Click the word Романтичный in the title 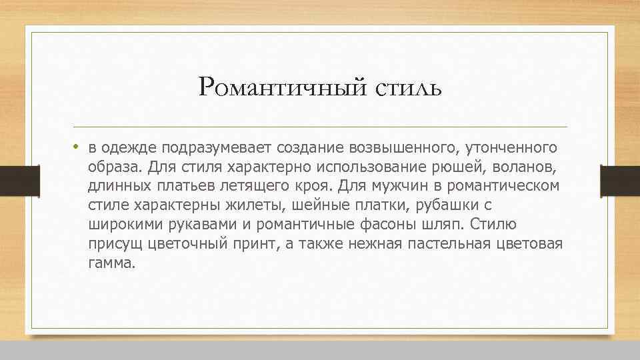pos(283,87)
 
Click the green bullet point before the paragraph pos(77,146)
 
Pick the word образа pos(112,165)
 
